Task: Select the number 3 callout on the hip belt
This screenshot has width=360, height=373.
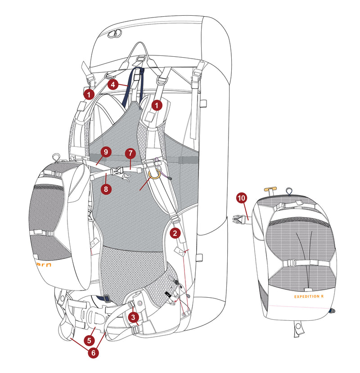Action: pos(133,317)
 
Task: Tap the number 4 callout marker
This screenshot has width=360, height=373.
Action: pos(113,84)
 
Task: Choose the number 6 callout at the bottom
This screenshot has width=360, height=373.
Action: pos(93,353)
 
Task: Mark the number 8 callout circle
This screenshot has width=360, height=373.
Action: pos(106,189)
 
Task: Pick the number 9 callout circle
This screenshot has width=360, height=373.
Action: pos(105,152)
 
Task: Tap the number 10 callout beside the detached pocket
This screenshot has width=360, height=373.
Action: pos(242,197)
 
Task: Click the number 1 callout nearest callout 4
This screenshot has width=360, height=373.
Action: pos(89,94)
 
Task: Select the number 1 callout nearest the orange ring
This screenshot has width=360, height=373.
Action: pos(156,105)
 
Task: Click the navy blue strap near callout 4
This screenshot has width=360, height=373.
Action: pos(135,86)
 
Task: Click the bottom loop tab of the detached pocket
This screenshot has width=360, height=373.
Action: pos(297,328)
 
